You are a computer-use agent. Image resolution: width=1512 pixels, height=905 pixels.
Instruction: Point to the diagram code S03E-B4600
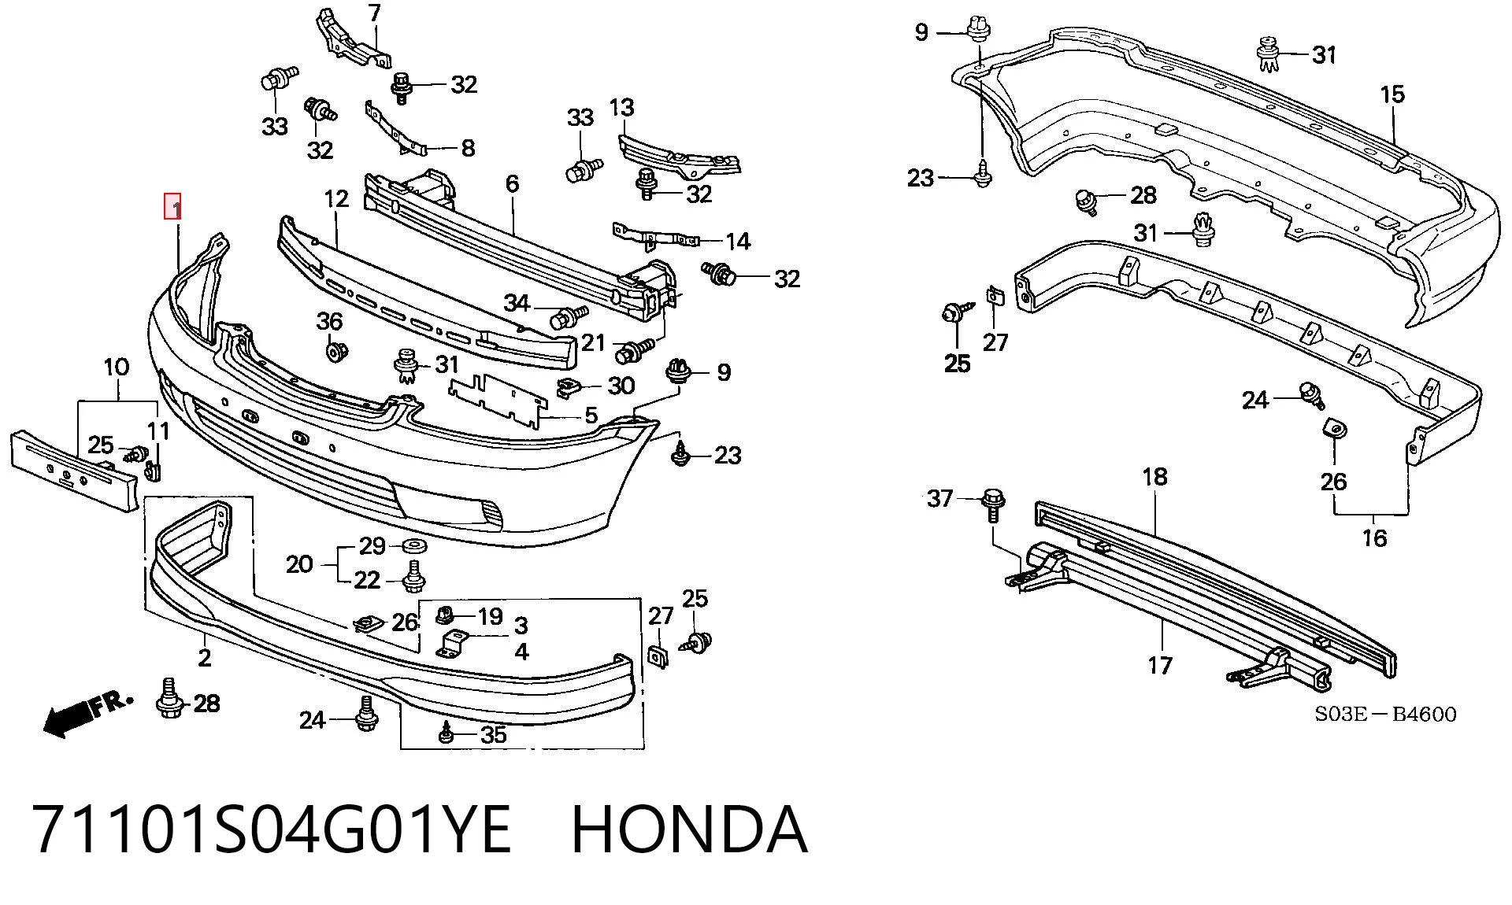click(x=1385, y=714)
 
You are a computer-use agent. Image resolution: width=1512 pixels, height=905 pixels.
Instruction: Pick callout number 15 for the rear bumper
click(x=1392, y=94)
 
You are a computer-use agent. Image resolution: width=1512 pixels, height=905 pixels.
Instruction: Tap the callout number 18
click(x=1154, y=476)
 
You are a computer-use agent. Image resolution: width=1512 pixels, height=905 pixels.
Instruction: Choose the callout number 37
click(x=940, y=498)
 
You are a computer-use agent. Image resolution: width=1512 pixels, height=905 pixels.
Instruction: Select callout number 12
click(x=336, y=198)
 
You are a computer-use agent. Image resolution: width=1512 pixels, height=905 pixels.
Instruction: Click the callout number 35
click(x=493, y=735)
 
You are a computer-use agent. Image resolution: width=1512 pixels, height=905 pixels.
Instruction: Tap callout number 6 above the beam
click(x=513, y=184)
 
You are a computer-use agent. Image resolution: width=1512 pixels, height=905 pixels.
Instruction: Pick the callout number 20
click(x=299, y=563)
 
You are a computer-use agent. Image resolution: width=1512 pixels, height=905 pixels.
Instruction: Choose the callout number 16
click(x=1374, y=538)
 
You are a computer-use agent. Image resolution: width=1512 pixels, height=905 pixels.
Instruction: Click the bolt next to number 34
click(x=568, y=317)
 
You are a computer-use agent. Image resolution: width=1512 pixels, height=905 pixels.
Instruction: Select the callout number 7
click(x=375, y=13)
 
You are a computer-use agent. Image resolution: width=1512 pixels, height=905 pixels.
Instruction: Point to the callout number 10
click(x=116, y=367)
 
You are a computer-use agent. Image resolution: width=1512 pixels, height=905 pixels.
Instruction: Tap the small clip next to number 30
click(x=569, y=386)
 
